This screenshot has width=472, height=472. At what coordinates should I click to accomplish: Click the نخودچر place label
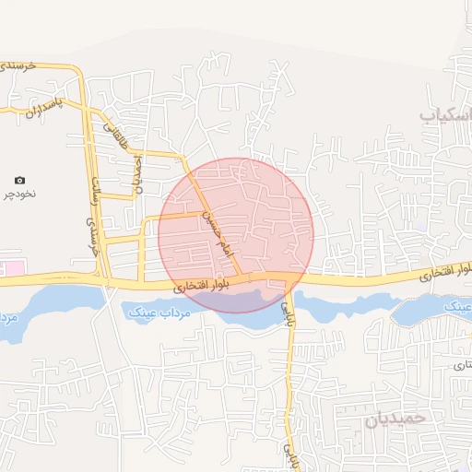(x=20, y=195)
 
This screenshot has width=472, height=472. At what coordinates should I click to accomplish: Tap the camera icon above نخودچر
(x=20, y=180)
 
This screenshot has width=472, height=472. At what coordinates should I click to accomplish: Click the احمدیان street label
(x=138, y=171)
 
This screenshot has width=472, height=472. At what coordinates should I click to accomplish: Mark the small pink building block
(x=13, y=267)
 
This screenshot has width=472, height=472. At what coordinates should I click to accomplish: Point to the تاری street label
(x=460, y=366)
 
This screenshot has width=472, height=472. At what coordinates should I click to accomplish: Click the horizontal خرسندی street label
(x=18, y=66)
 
